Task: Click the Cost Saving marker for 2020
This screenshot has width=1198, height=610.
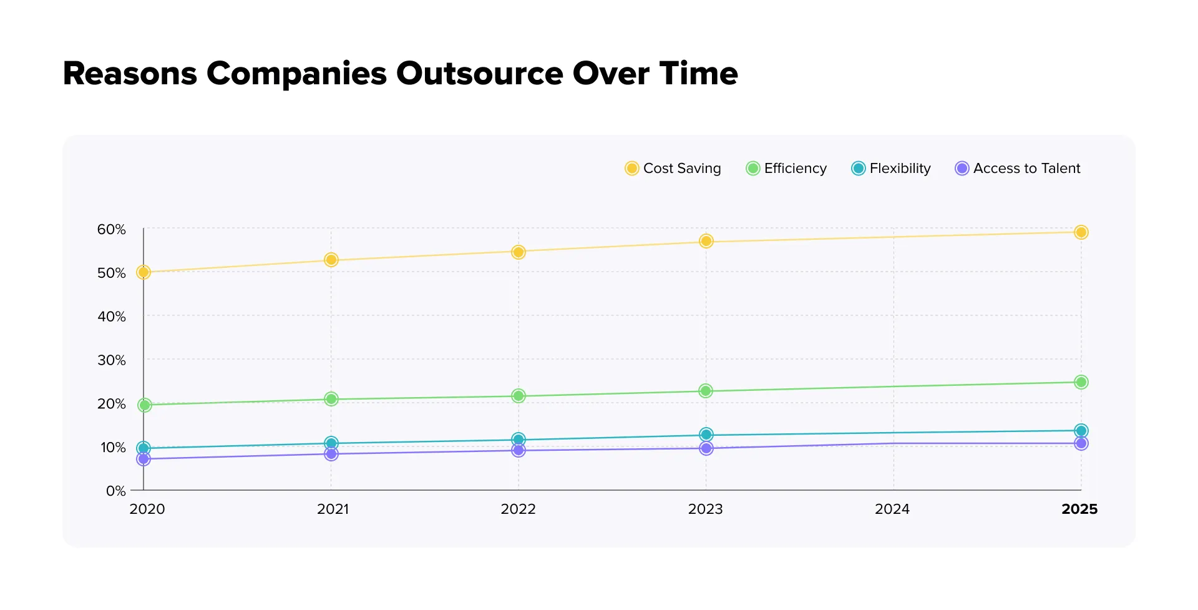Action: coord(144,272)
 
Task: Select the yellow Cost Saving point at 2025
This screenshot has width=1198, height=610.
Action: coord(1081,232)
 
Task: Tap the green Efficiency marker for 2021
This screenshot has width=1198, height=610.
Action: coord(331,399)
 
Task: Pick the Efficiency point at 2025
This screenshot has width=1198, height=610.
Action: coord(1081,382)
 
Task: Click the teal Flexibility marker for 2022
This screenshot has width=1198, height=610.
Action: coord(518,440)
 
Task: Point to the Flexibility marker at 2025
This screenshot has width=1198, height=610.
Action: coord(1081,431)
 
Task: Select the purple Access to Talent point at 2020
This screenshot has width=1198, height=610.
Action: coord(144,459)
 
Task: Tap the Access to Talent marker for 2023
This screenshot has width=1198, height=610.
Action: coord(706,448)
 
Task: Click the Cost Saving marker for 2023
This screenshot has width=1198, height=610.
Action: coord(706,241)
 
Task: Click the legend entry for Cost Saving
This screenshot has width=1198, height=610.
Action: coord(673,169)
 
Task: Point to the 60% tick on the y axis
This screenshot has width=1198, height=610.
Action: coord(112,230)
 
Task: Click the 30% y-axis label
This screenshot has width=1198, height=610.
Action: coord(112,360)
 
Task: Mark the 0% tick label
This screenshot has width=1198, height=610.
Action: coord(116,491)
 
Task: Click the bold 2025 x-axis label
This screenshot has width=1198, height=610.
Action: coord(1079,509)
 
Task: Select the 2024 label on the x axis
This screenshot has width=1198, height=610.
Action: coord(892,509)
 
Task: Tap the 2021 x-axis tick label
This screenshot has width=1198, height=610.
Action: coord(333,509)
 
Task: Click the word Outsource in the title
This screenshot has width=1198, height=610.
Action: coord(480,74)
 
